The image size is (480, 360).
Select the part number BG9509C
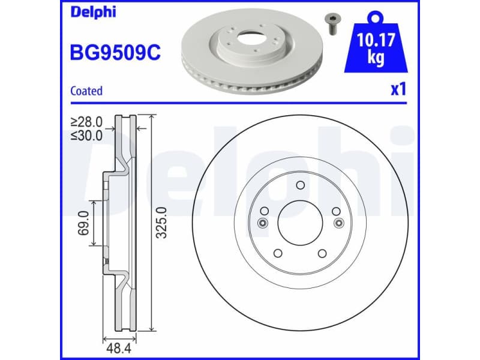click(x=115, y=53)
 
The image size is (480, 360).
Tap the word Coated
click(x=86, y=91)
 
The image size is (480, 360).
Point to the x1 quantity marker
click(x=398, y=90)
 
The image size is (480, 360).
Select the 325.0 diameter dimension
click(x=161, y=223)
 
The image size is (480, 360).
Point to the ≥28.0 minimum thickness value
click(x=86, y=122)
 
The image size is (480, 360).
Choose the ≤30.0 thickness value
click(x=86, y=135)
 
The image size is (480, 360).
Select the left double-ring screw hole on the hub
click(x=262, y=223)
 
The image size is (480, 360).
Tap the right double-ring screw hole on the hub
click(x=338, y=223)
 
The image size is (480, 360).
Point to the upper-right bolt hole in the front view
click(x=336, y=211)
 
